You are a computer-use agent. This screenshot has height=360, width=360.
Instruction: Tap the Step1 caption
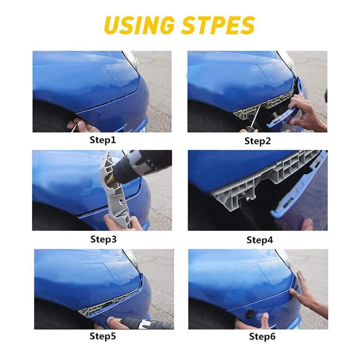click(x=102, y=140)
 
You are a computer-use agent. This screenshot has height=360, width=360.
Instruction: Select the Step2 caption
click(x=258, y=141)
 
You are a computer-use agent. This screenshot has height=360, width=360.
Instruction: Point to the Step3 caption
click(x=103, y=239)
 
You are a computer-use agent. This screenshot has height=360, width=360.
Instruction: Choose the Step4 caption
click(x=260, y=240)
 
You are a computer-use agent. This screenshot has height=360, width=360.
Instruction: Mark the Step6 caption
click(x=262, y=337)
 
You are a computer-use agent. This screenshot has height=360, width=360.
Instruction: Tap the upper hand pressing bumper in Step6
click(x=306, y=293)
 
